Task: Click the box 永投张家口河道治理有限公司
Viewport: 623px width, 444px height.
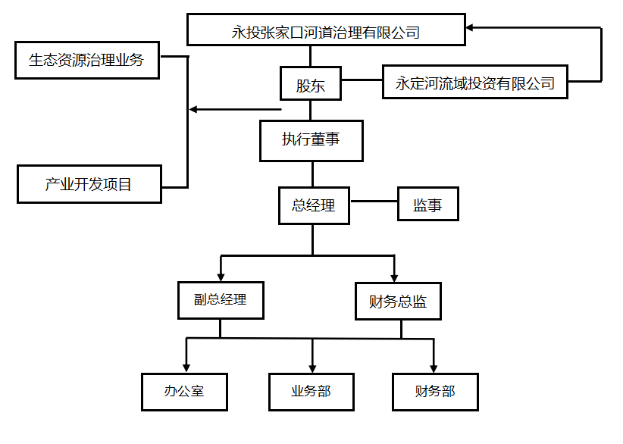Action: tap(325, 32)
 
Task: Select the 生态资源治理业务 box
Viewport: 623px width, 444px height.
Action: tap(87, 60)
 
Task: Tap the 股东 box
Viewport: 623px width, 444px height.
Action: tap(311, 85)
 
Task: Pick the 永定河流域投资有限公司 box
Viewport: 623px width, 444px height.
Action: tap(475, 83)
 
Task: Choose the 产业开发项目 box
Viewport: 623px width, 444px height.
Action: tap(89, 184)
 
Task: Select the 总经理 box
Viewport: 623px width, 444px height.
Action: tap(313, 205)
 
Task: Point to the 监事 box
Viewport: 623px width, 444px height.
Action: tap(428, 205)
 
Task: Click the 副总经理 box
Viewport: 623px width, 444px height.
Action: tap(221, 299)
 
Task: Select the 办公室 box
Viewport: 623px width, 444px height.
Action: tap(184, 392)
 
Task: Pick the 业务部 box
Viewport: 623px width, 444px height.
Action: tap(311, 392)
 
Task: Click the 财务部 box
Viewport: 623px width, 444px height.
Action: tap(435, 392)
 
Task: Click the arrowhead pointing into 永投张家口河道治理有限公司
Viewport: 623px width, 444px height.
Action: tap(471, 28)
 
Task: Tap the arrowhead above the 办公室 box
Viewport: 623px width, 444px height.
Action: tap(186, 367)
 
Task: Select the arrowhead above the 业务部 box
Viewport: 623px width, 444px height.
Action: tap(312, 367)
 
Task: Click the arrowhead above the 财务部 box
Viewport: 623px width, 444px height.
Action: tap(434, 367)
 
